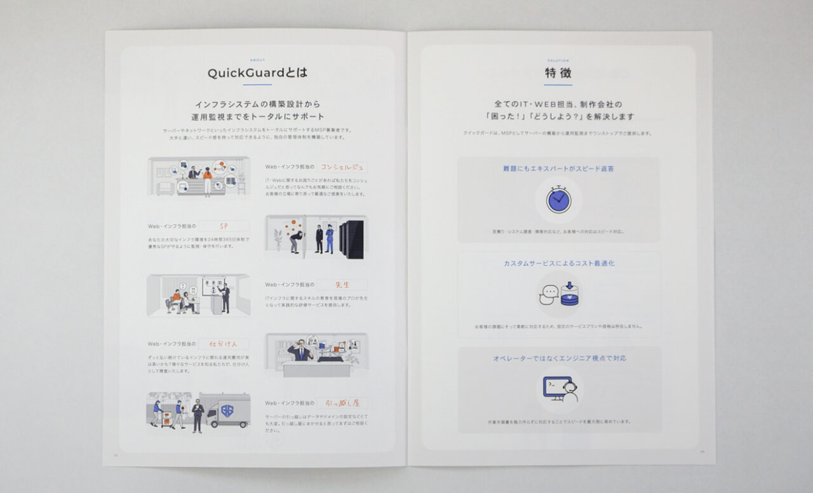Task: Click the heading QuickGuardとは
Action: click(x=257, y=73)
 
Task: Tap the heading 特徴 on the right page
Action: click(x=558, y=73)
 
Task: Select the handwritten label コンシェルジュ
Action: click(x=342, y=168)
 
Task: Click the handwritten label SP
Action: click(x=224, y=226)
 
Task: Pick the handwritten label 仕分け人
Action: click(x=224, y=344)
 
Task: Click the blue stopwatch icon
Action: click(x=558, y=199)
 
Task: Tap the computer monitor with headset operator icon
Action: click(x=560, y=389)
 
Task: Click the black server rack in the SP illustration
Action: click(x=351, y=239)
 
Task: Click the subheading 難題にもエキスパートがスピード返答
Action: click(x=558, y=169)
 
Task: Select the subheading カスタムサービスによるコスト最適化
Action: click(x=559, y=263)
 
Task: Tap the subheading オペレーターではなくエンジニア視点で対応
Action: click(x=559, y=358)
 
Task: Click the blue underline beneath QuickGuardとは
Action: click(x=257, y=84)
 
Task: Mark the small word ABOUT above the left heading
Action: click(x=258, y=60)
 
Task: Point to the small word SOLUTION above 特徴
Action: click(x=558, y=60)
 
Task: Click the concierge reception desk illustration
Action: click(x=198, y=177)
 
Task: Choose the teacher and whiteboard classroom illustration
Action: click(x=198, y=295)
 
